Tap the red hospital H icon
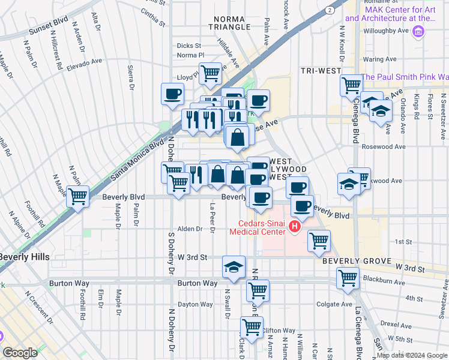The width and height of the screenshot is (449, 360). tap(294, 226)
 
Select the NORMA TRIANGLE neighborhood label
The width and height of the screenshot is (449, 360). tap(230, 23)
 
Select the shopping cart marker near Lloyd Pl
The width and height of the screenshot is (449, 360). tap(210, 73)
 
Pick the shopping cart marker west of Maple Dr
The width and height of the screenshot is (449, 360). tap(78, 196)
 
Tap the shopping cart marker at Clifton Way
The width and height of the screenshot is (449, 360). tap(252, 327)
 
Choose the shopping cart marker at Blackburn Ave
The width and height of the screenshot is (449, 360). tap(348, 278)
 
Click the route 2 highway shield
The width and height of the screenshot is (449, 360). tap(329, 10)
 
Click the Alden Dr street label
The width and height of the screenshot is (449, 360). tap(189, 229)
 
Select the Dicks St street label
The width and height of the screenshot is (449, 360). tap(188, 46)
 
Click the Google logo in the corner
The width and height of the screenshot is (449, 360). tap(20, 353)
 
